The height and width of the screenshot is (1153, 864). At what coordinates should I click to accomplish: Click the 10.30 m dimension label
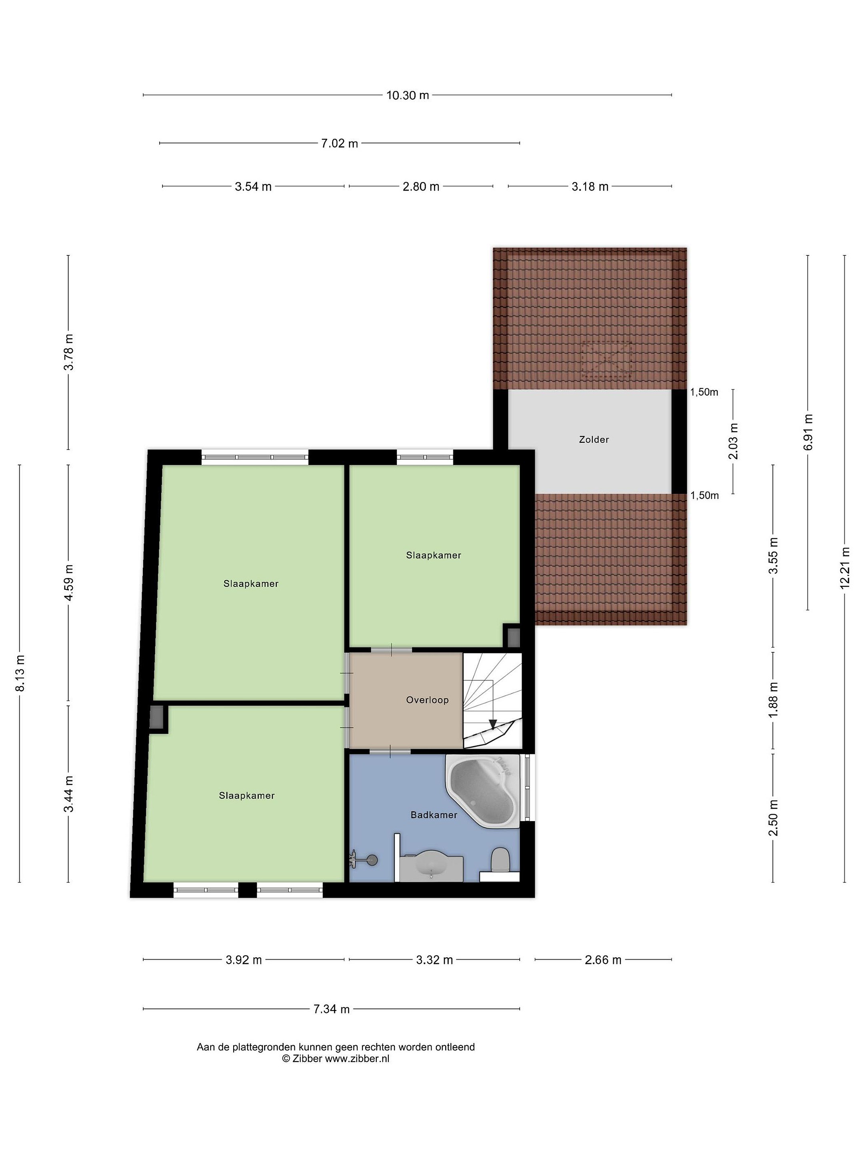(x=407, y=95)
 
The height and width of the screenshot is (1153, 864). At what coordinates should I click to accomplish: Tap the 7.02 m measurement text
(x=340, y=143)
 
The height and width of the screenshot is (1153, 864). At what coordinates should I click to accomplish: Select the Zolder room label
(x=594, y=440)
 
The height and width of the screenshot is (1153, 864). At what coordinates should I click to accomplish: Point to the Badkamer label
(x=434, y=814)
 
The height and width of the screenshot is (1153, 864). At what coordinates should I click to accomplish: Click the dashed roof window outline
(x=607, y=361)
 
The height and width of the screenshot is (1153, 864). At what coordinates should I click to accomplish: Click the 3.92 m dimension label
(x=244, y=960)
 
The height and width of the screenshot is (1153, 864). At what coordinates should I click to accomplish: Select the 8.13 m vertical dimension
(x=20, y=673)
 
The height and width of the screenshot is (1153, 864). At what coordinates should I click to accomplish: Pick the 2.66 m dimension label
(x=603, y=960)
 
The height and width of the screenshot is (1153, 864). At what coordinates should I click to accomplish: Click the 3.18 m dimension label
(x=590, y=187)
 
